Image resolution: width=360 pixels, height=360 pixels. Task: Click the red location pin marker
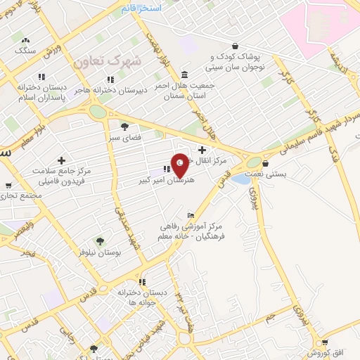181,165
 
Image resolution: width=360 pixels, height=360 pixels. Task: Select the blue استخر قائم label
141,8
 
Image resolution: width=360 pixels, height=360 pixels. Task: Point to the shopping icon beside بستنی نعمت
264,163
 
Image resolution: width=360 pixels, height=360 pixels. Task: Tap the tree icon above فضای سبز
124,127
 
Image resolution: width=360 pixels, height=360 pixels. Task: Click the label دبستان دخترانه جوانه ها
142,297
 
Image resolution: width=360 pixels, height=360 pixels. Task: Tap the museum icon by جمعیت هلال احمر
184,75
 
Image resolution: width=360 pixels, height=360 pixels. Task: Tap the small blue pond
240,179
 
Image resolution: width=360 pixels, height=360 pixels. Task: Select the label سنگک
26,51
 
